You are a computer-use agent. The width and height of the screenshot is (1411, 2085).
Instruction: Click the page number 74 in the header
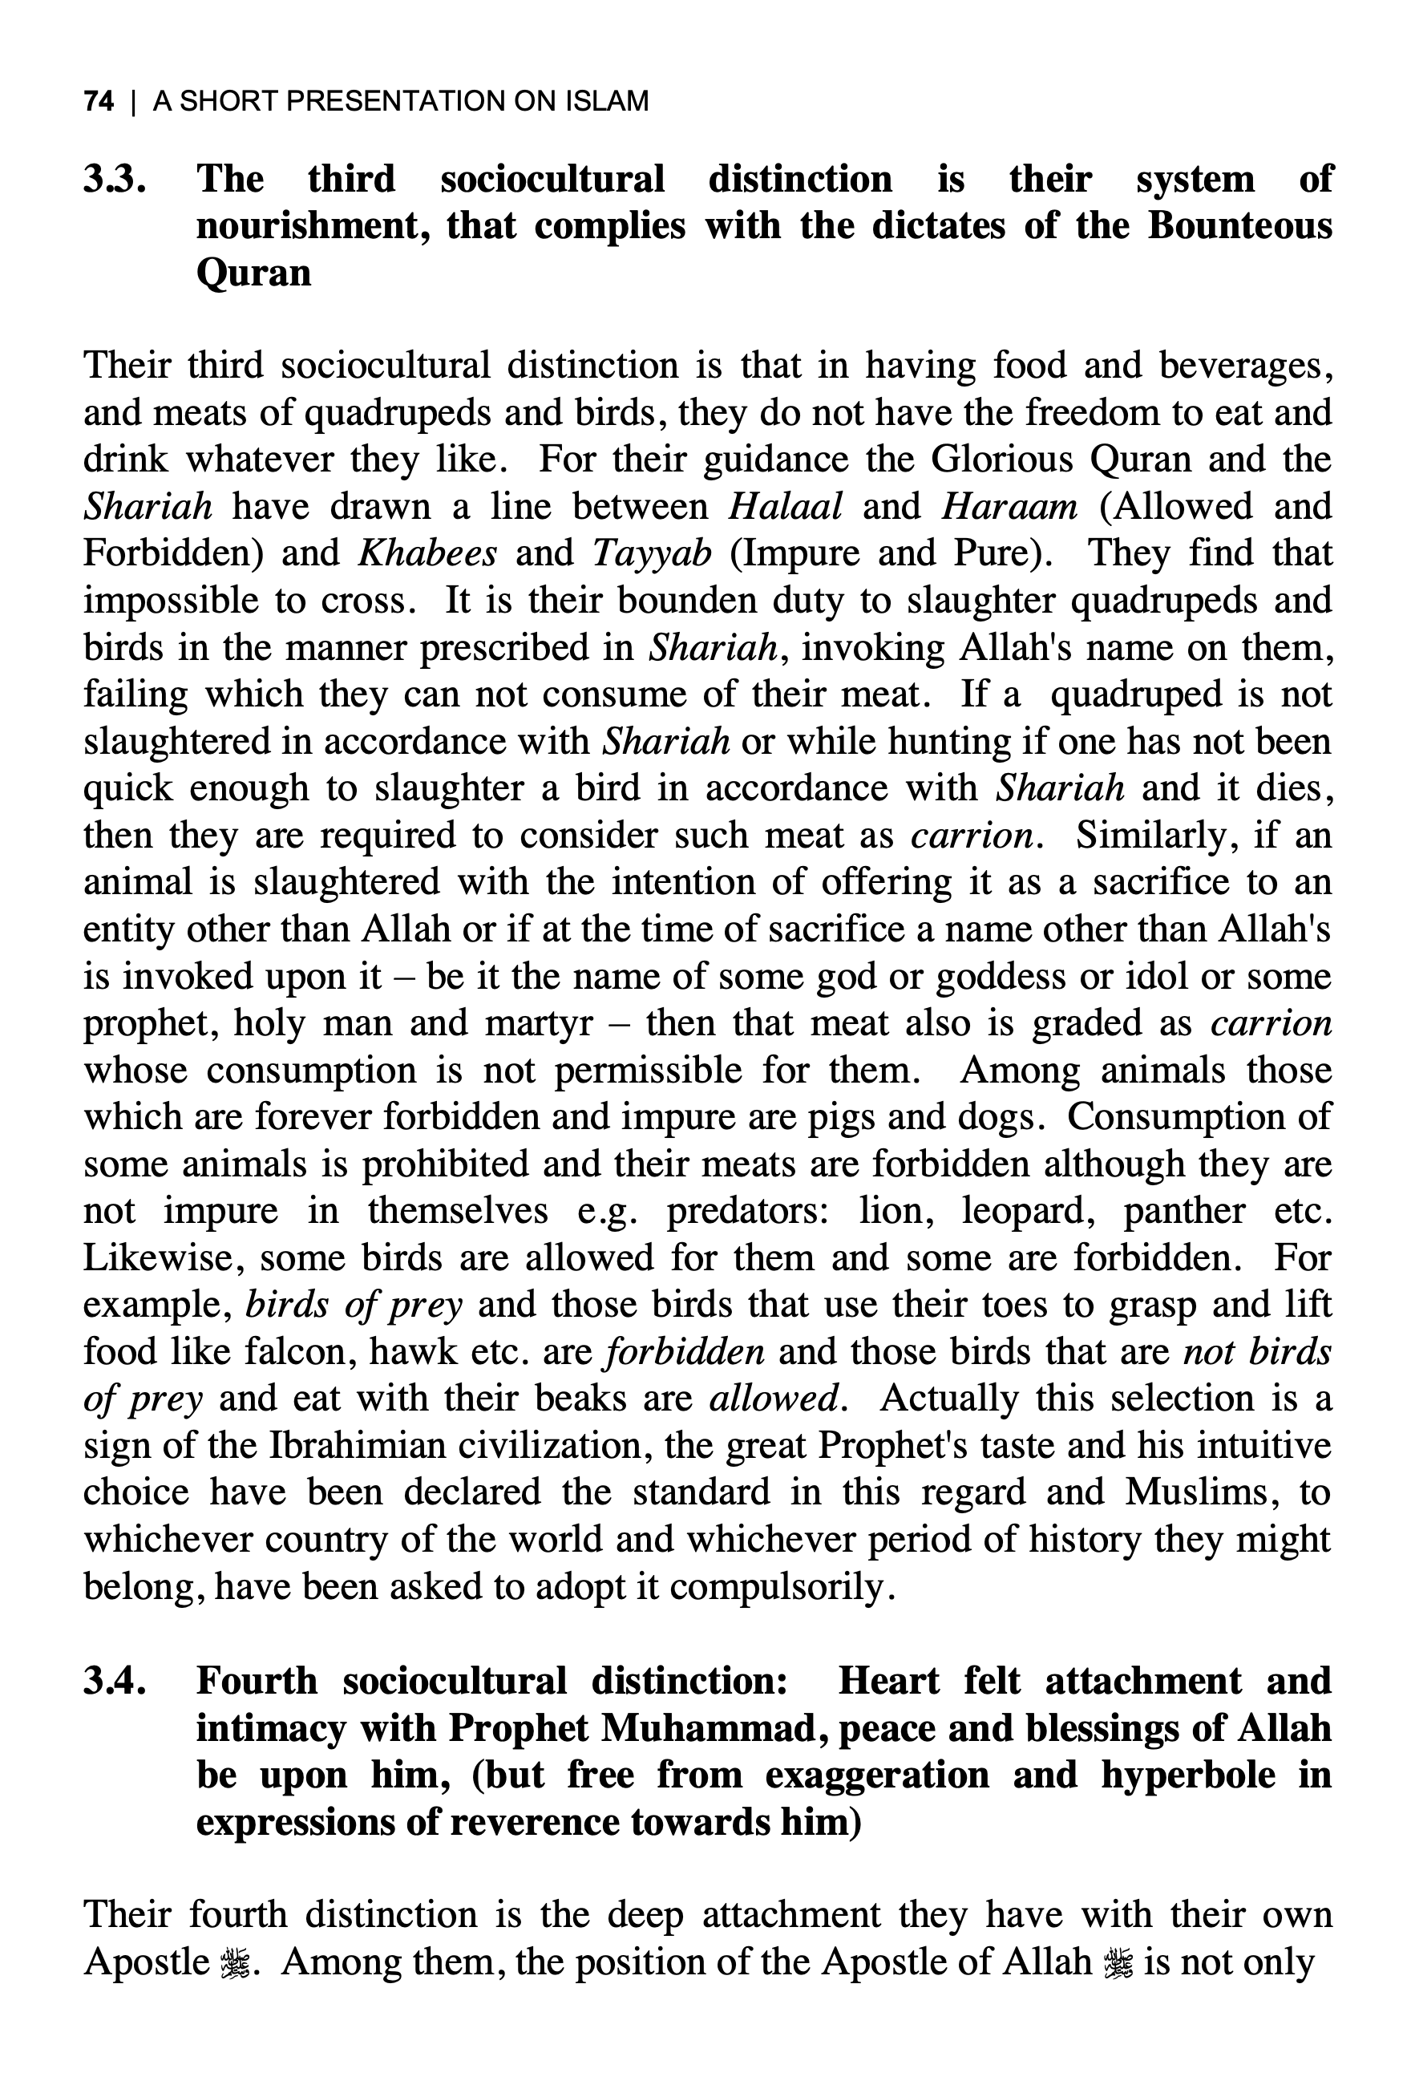tap(99, 101)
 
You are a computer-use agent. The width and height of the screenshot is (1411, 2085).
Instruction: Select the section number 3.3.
tap(115, 179)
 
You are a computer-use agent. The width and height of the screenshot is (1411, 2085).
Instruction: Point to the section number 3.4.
tap(115, 1680)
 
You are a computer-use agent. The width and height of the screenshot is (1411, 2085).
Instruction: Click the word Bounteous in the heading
tap(1239, 225)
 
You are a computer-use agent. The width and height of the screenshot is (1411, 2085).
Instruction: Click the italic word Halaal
tap(785, 507)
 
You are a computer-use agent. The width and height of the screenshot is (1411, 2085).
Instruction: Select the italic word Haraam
tap(1009, 507)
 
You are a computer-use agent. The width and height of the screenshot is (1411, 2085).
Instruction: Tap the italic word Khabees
tap(427, 553)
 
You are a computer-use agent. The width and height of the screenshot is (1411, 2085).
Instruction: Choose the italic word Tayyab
tap(652, 553)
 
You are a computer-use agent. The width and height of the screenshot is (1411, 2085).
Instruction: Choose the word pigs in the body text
tap(846, 1117)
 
